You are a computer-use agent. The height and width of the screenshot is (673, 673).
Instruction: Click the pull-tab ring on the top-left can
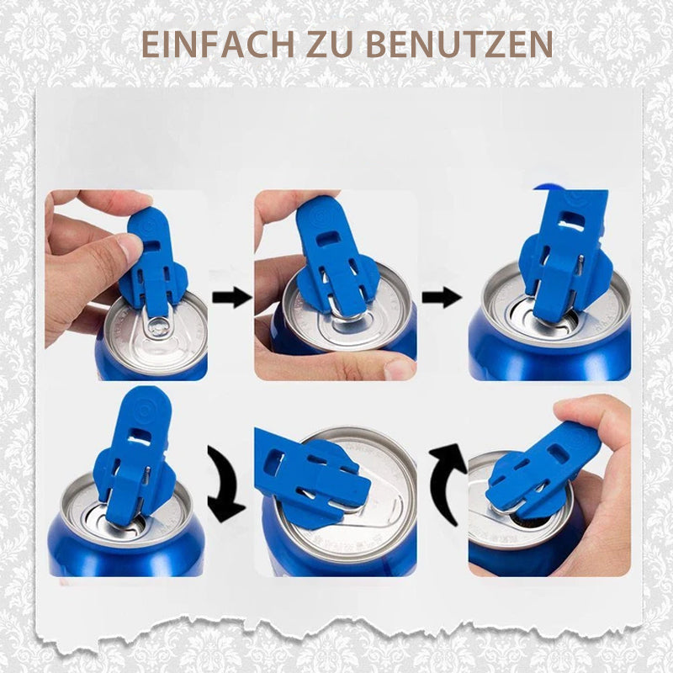[x=160, y=324]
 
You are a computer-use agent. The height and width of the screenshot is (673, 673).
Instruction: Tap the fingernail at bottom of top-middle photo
[x=398, y=368]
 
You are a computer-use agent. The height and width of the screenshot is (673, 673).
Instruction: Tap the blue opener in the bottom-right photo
[x=543, y=471]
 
